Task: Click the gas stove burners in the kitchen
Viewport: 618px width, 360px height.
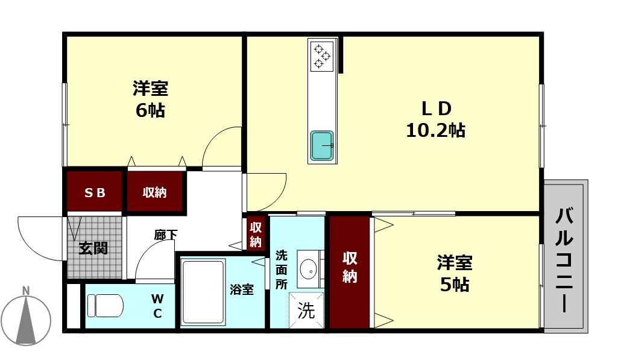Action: tap(321, 56)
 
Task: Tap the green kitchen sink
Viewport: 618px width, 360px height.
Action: tap(321, 146)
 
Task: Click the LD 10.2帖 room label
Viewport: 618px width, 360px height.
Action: tap(435, 119)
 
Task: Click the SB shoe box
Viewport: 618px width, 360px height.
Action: tap(95, 192)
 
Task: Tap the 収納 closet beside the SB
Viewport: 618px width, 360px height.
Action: tap(154, 192)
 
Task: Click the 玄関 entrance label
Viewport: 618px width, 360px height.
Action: tap(93, 248)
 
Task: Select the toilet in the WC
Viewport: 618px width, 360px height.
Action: tap(105, 305)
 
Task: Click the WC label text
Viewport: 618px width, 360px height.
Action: tap(157, 306)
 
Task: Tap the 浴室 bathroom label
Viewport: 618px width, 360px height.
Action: tap(241, 289)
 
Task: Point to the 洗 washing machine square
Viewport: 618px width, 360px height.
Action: tap(306, 311)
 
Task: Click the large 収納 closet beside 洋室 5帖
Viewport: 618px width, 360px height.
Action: tap(350, 267)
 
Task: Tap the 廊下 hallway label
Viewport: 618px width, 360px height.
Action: tap(165, 235)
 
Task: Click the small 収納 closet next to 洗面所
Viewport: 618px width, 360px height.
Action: tap(256, 234)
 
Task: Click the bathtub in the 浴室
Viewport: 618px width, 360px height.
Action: tap(203, 292)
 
